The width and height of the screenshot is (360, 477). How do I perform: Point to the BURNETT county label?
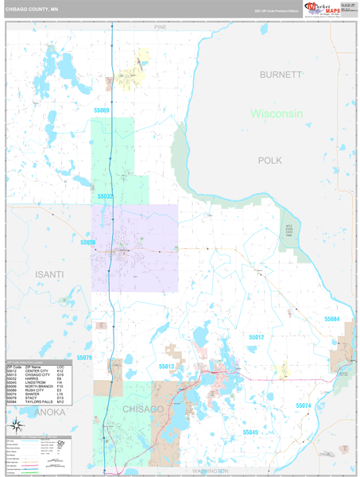point(281,74)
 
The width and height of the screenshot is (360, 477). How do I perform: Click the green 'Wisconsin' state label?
point(277,114)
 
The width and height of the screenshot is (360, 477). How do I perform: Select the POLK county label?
point(270,161)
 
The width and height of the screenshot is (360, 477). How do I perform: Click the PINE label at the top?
point(161,27)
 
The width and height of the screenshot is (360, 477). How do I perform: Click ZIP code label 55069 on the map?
point(101,111)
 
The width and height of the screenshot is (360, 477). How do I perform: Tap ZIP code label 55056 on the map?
point(88,242)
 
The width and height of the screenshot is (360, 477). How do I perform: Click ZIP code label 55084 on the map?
point(331,319)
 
